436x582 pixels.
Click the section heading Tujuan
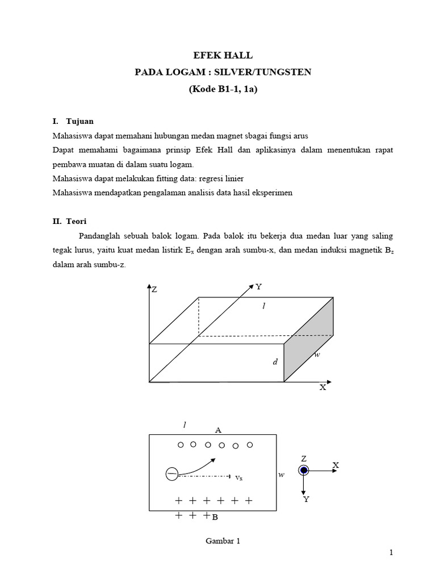[80, 122]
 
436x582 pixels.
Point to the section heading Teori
[76, 221]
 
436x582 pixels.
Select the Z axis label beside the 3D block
[154, 290]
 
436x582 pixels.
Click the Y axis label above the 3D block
[258, 288]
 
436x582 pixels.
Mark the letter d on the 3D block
[275, 361]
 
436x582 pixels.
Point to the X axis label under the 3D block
[322, 388]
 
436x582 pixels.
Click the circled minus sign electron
[171, 473]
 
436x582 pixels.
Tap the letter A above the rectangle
[218, 430]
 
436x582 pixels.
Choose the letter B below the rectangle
[215, 517]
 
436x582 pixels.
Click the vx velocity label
[239, 478]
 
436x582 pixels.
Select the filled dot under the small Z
[304, 470]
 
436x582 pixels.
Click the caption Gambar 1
[223, 542]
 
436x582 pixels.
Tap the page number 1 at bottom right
[392, 553]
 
